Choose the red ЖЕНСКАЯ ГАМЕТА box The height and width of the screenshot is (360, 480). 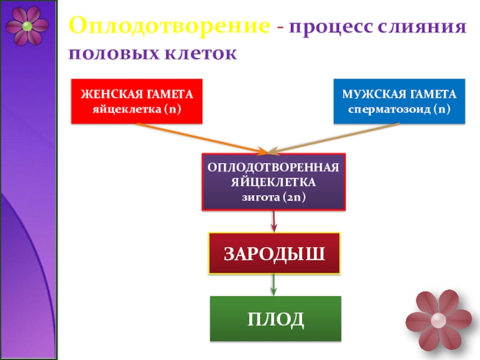(137, 101)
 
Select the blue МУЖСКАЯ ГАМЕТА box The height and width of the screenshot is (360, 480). (399, 101)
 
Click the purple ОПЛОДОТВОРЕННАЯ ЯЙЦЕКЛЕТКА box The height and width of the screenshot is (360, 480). (274, 181)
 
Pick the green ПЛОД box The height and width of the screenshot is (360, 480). (275, 319)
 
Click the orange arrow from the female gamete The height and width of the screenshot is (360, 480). (198, 137)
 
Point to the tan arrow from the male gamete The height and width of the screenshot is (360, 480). (336, 137)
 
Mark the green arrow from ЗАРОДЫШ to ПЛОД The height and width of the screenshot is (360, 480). (274, 284)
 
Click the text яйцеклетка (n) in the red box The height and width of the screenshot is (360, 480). (137, 109)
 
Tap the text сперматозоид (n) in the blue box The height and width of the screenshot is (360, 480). (399, 109)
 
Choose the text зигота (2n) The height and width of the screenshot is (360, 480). (274, 196)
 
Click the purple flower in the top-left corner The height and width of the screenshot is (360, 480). (27, 26)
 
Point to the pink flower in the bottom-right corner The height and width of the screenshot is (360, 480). (438, 319)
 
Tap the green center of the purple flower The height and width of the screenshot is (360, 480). (27, 26)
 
